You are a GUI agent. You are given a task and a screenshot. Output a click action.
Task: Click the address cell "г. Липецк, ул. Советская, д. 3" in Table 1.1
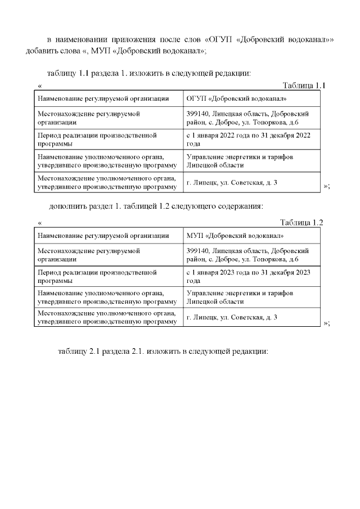[232, 183]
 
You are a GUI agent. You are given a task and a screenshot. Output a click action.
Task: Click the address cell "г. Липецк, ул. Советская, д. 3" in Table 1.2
[232, 317]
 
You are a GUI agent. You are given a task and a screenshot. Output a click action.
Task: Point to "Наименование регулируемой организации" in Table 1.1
[103, 99]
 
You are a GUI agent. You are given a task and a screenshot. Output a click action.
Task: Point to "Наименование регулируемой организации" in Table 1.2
[103, 236]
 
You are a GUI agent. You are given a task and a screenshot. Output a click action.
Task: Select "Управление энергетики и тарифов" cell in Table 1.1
[240, 161]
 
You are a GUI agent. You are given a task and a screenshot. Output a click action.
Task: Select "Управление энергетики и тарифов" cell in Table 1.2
[240, 297]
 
